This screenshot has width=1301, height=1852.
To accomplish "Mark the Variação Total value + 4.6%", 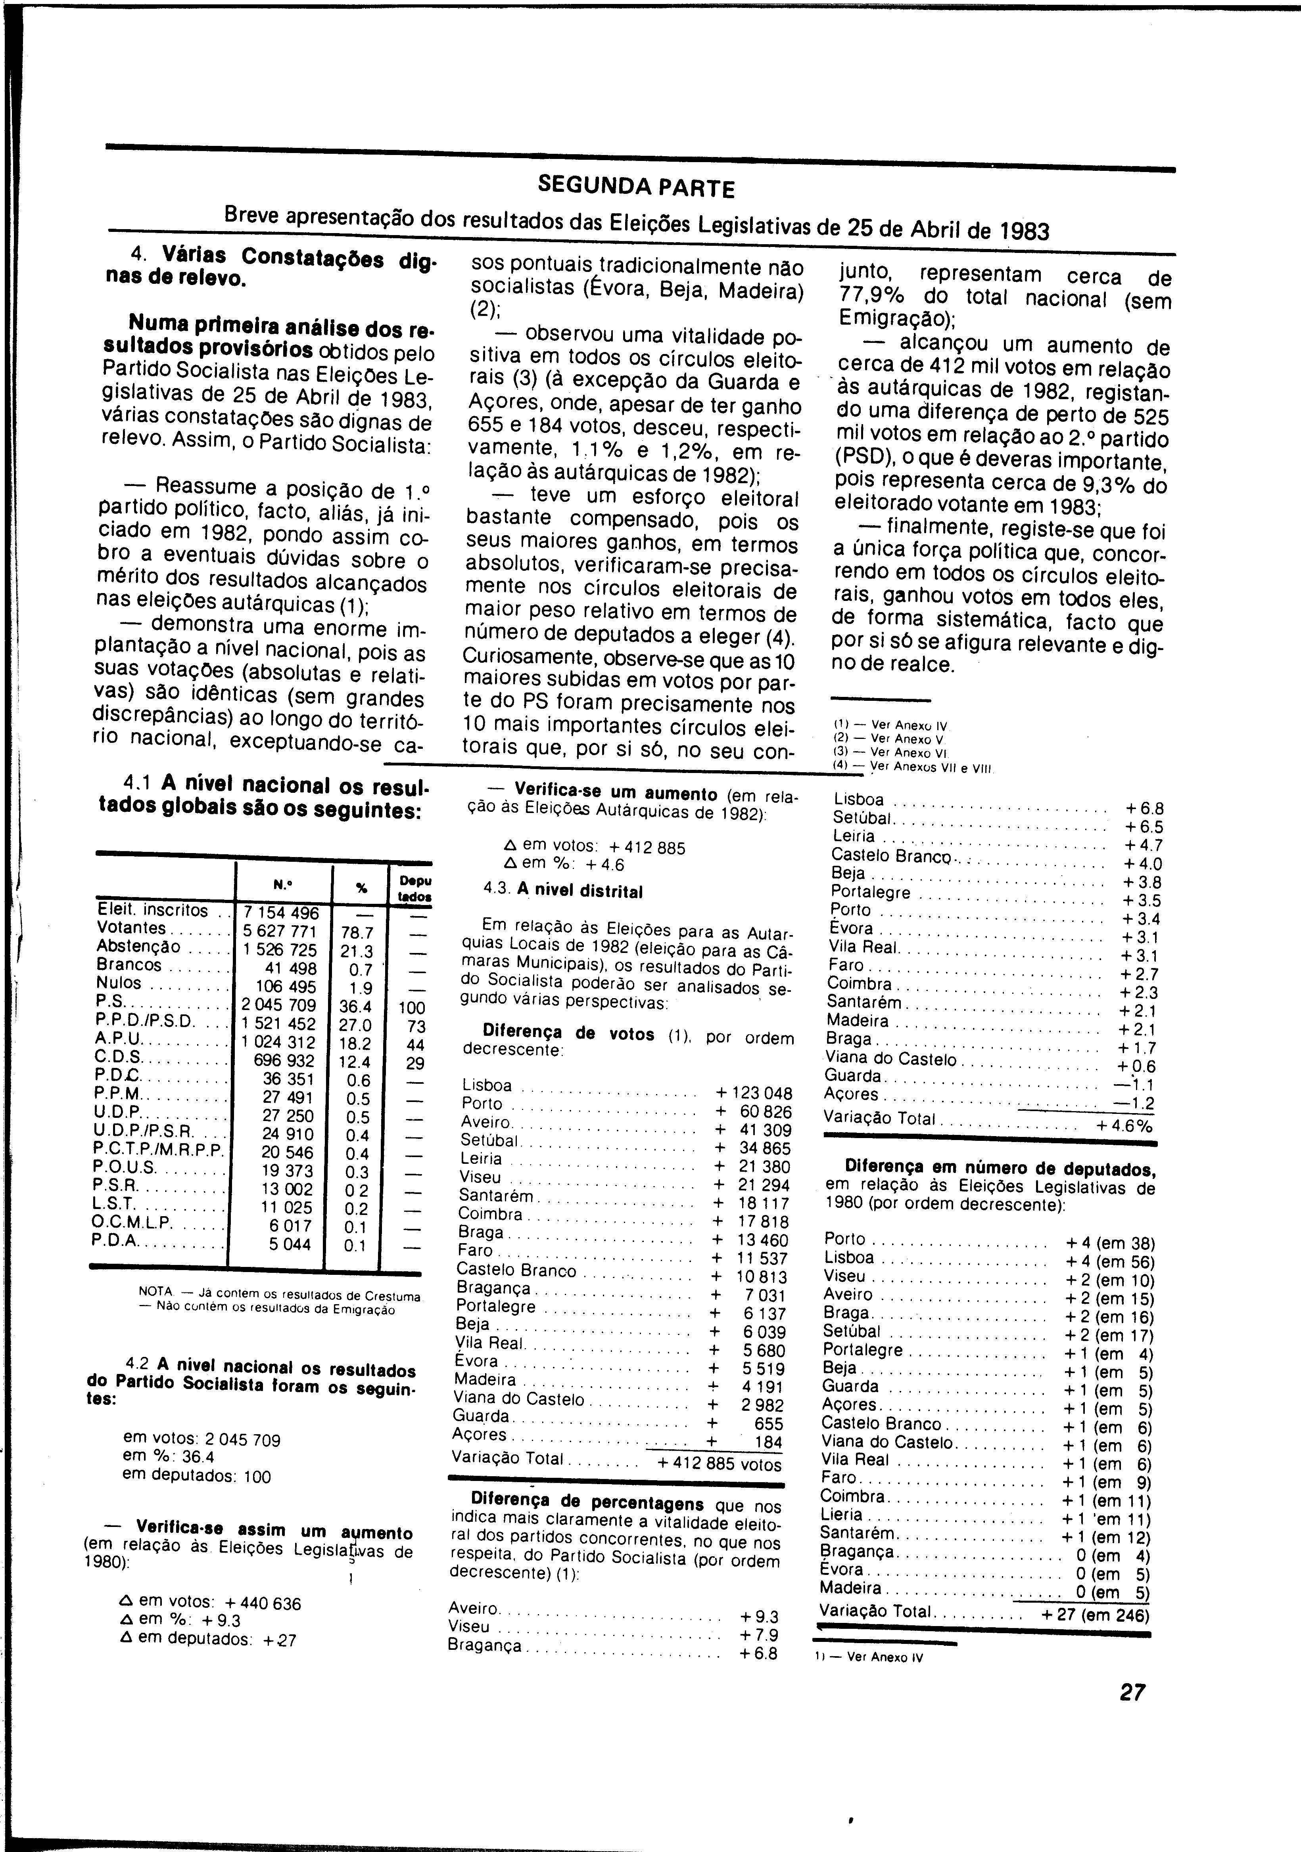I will pyautogui.click(x=1124, y=1125).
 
